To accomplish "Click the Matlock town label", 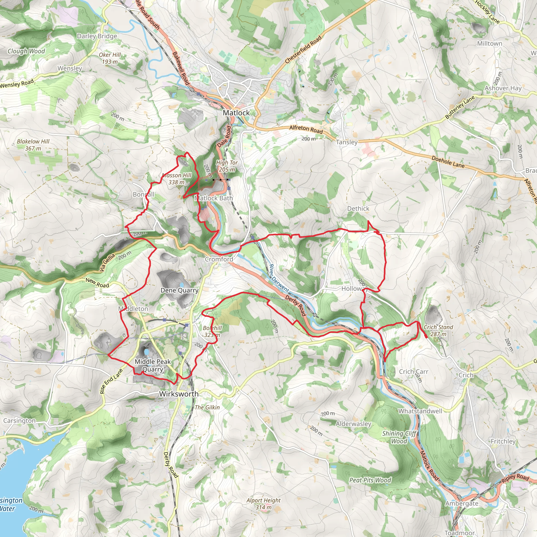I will [x=236, y=113].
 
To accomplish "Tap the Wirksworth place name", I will [x=179, y=394].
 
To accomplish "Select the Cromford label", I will [x=219, y=259].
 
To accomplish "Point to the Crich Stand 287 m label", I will [x=438, y=330].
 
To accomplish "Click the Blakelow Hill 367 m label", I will [x=33, y=145].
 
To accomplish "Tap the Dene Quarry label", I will [x=180, y=291].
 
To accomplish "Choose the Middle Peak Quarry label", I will [x=153, y=365].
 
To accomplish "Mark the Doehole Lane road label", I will [x=448, y=162].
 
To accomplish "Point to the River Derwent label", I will [x=279, y=278].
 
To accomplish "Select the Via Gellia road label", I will [x=107, y=262].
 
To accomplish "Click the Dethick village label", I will [x=358, y=208].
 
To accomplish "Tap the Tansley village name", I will [x=347, y=142].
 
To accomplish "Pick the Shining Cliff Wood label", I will [x=399, y=437].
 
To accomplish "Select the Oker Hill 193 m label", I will [x=110, y=58].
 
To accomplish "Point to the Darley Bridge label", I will [x=97, y=36].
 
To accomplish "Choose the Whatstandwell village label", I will [x=420, y=411].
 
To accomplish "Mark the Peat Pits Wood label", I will [x=370, y=480].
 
